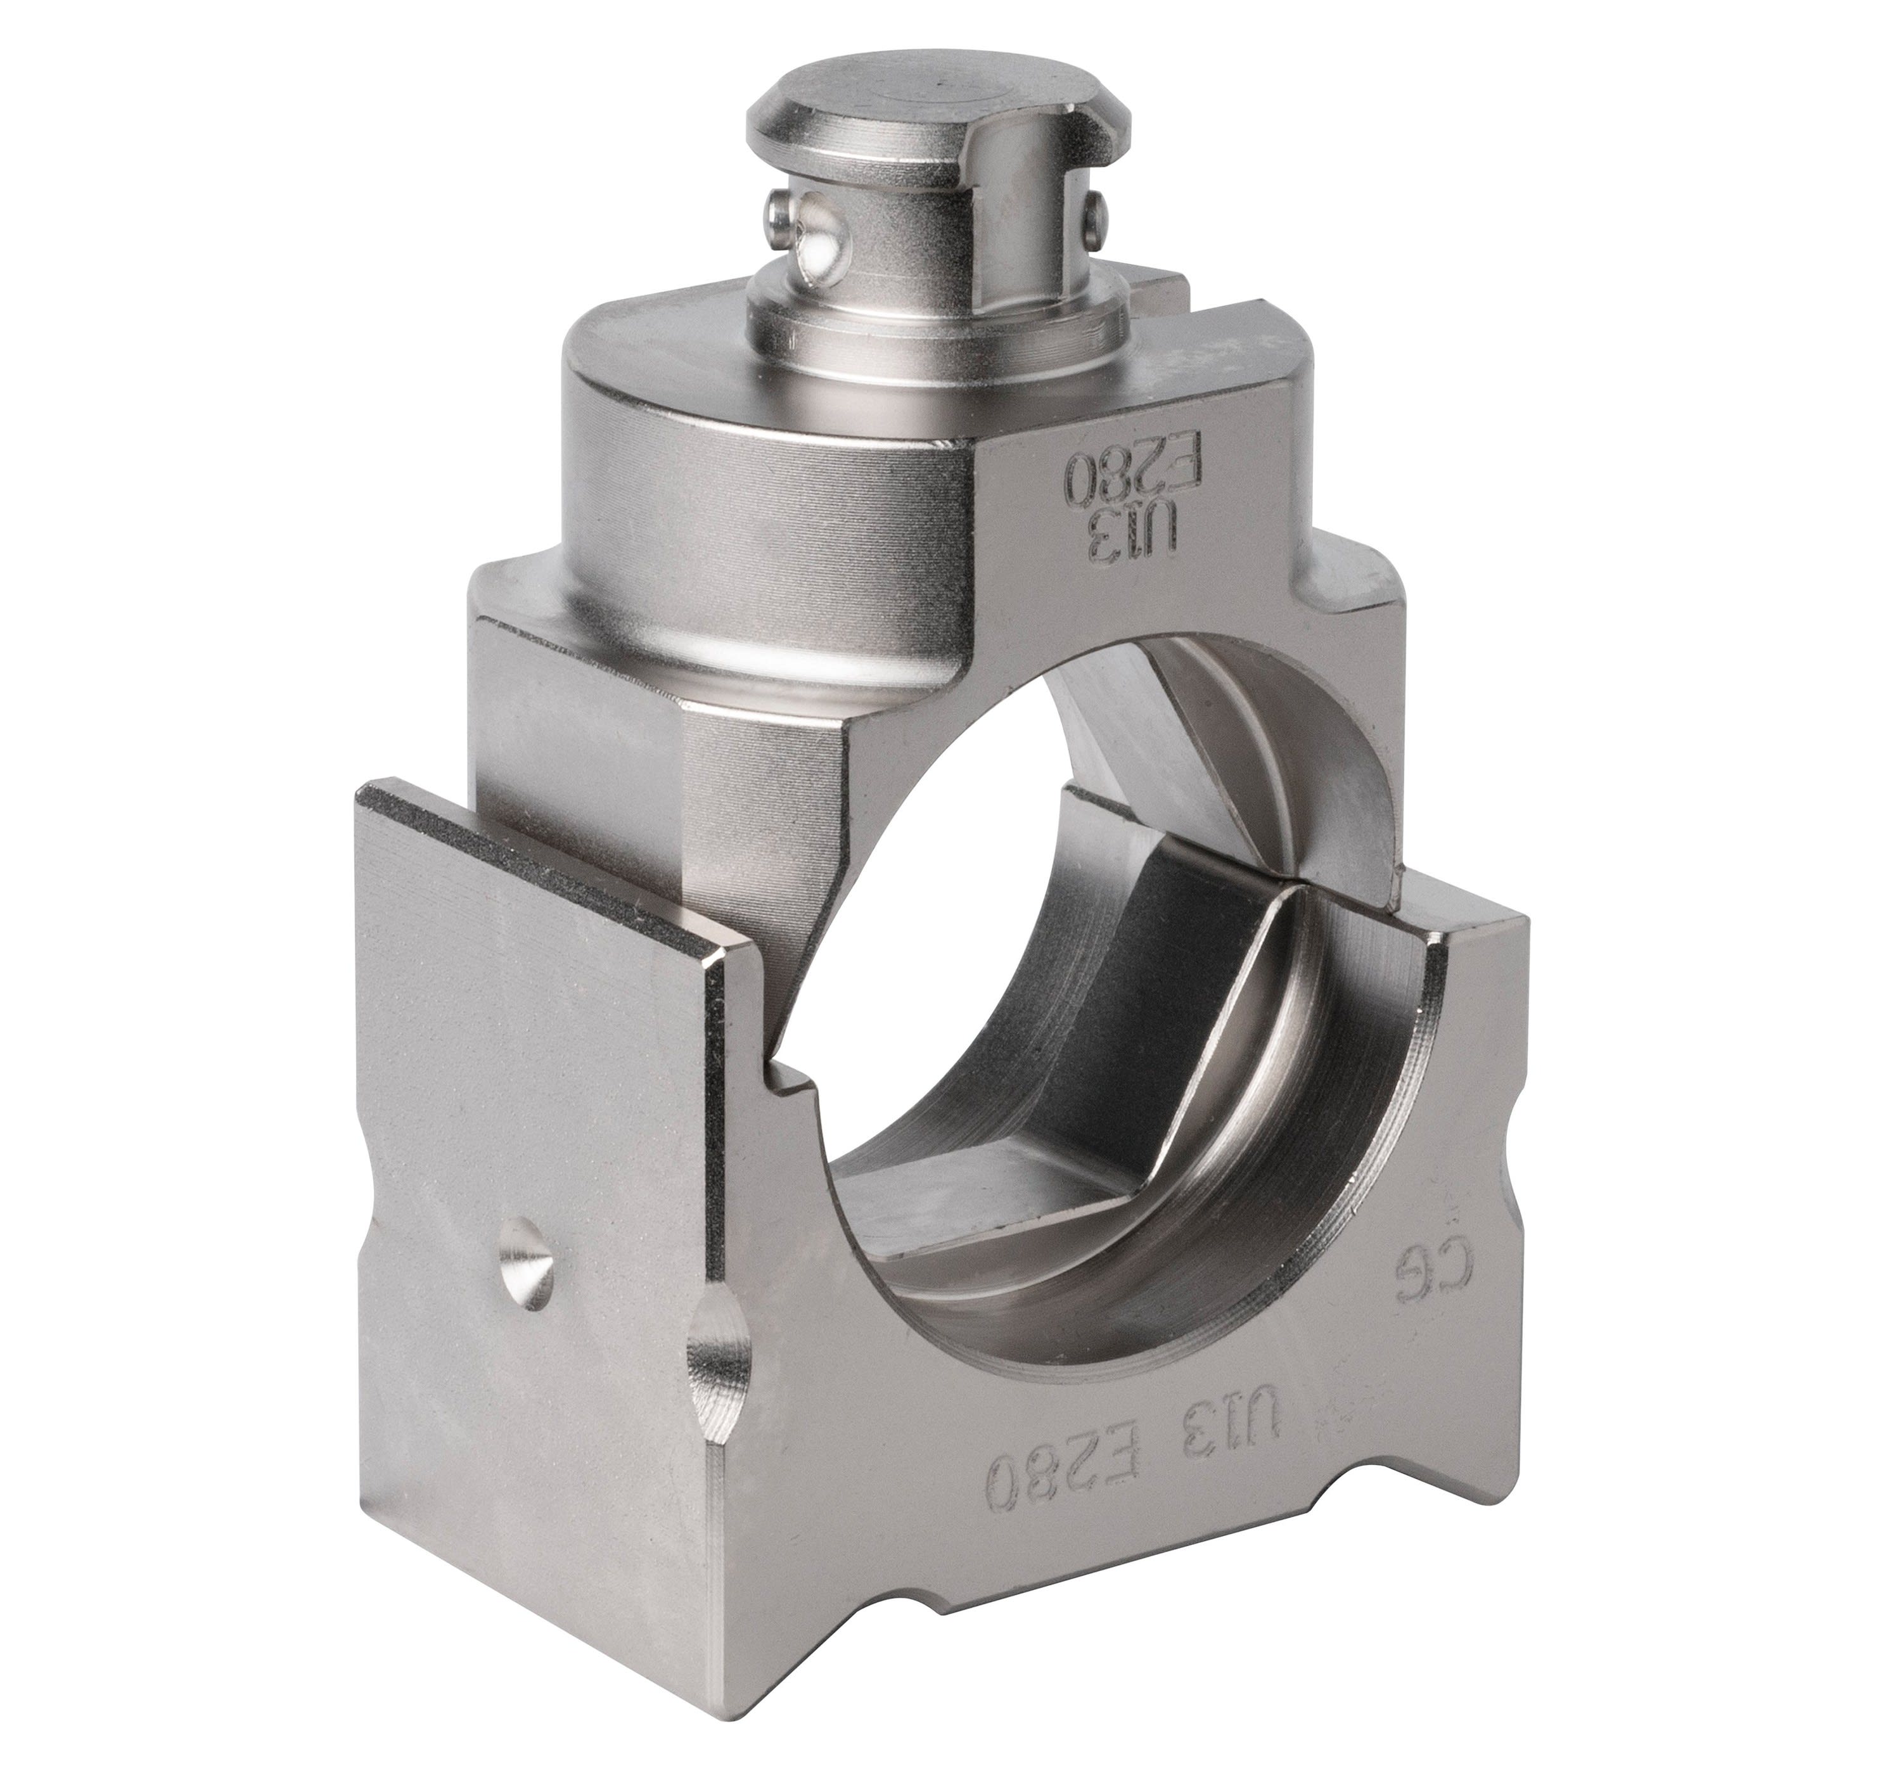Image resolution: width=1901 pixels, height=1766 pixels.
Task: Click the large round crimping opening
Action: [956, 956]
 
